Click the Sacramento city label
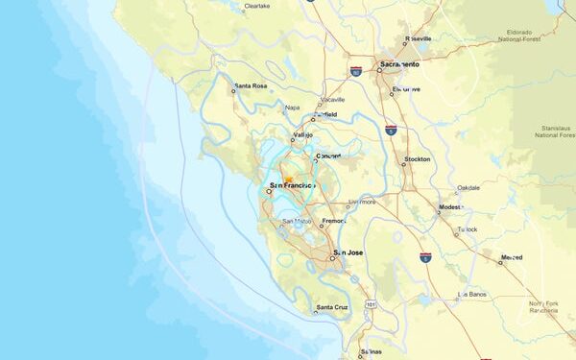pos(400,64)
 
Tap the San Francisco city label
pos(293,184)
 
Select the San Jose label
pos(348,252)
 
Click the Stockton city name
pos(418,159)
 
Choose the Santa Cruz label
pos(332,307)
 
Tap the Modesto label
pos(450,207)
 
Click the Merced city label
pos(511,257)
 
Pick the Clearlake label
pos(257,6)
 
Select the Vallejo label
pos(302,135)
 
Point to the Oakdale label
pos(468,188)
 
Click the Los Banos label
pos(474,293)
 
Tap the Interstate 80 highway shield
pos(355,72)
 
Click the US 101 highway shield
pos(370,305)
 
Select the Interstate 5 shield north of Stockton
pos(391,128)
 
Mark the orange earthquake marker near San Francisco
pos(288,179)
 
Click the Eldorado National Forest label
pos(526,36)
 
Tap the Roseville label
pos(419,39)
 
